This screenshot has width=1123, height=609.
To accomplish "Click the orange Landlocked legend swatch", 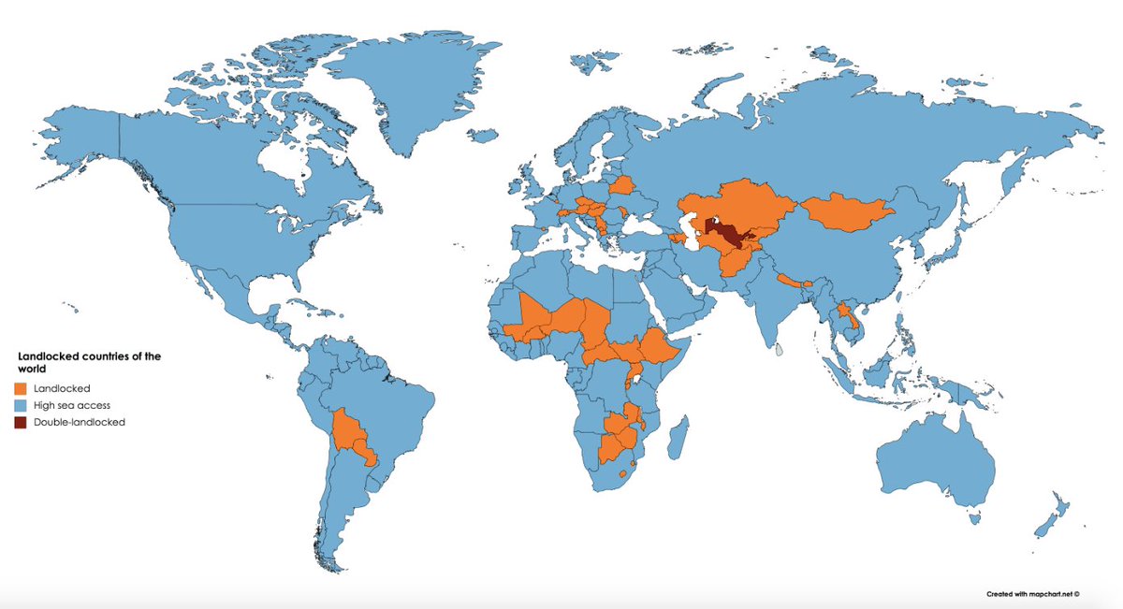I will pos(20,387).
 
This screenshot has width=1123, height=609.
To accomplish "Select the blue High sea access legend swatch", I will pos(20,404).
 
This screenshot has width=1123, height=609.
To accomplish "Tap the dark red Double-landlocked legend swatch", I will pos(20,422).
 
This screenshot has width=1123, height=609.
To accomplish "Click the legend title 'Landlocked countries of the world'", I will pos(89,362).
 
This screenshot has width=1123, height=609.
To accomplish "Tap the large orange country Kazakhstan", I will pos(739,206).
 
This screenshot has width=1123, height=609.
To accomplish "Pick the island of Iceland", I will pos(483,137).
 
